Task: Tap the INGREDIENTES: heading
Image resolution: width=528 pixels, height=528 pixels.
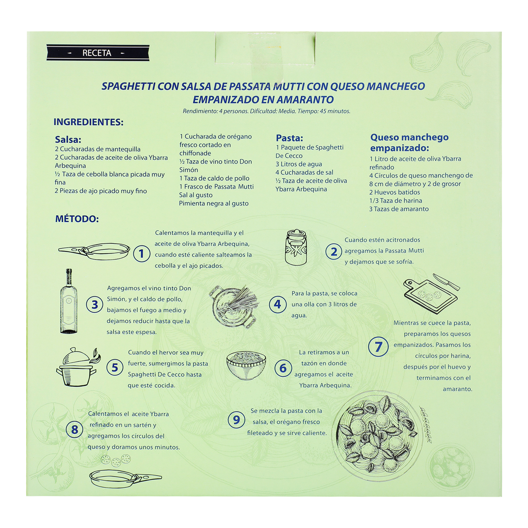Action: [x=88, y=122]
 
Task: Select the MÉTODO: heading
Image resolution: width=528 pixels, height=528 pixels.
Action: [x=77, y=219]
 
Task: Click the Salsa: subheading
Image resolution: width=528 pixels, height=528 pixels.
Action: [x=68, y=139]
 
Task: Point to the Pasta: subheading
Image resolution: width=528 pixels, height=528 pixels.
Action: [x=289, y=138]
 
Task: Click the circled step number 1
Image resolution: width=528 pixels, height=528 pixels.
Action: [x=142, y=254]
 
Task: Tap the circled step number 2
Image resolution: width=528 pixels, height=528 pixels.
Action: [x=334, y=252]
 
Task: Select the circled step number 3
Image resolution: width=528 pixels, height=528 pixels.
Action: [x=95, y=304]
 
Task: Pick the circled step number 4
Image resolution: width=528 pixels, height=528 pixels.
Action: [x=277, y=304]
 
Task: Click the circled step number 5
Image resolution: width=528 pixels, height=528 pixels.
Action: [x=115, y=367]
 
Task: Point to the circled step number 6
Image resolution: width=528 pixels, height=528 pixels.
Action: [x=283, y=368]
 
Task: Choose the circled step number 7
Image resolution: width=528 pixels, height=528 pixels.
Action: [x=378, y=347]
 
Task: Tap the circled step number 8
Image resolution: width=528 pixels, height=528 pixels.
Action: [x=74, y=429]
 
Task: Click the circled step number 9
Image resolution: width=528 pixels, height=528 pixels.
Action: [x=236, y=419]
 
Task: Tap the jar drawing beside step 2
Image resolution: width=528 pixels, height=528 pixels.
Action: [x=296, y=247]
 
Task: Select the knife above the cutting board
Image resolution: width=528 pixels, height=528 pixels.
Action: [x=446, y=282]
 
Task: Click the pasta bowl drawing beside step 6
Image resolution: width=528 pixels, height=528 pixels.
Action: [x=246, y=365]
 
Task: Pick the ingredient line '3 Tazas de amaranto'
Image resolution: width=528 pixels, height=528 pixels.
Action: [x=399, y=209]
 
